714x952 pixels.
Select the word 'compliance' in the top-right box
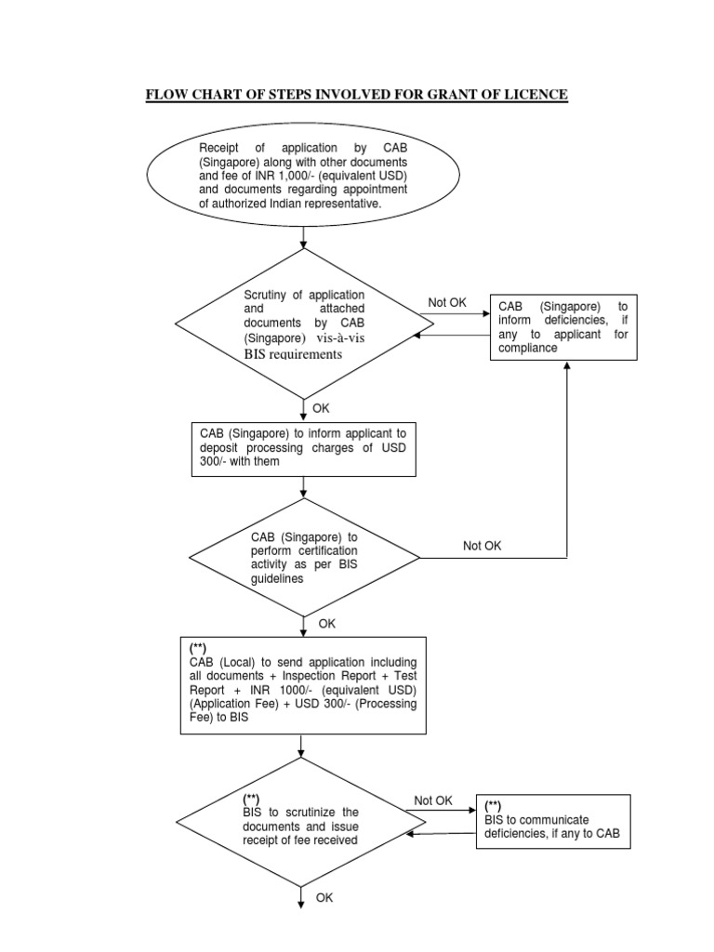(x=528, y=348)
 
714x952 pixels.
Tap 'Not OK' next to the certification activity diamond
(x=482, y=546)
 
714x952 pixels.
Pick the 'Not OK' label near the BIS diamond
(x=433, y=800)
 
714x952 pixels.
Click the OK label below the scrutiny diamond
(x=321, y=408)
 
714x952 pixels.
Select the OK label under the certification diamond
(x=326, y=624)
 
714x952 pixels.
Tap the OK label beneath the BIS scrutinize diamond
(x=324, y=897)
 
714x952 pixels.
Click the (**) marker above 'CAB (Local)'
(x=199, y=647)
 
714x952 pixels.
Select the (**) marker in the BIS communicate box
(x=495, y=806)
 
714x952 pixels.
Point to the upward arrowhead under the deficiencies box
(x=566, y=365)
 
